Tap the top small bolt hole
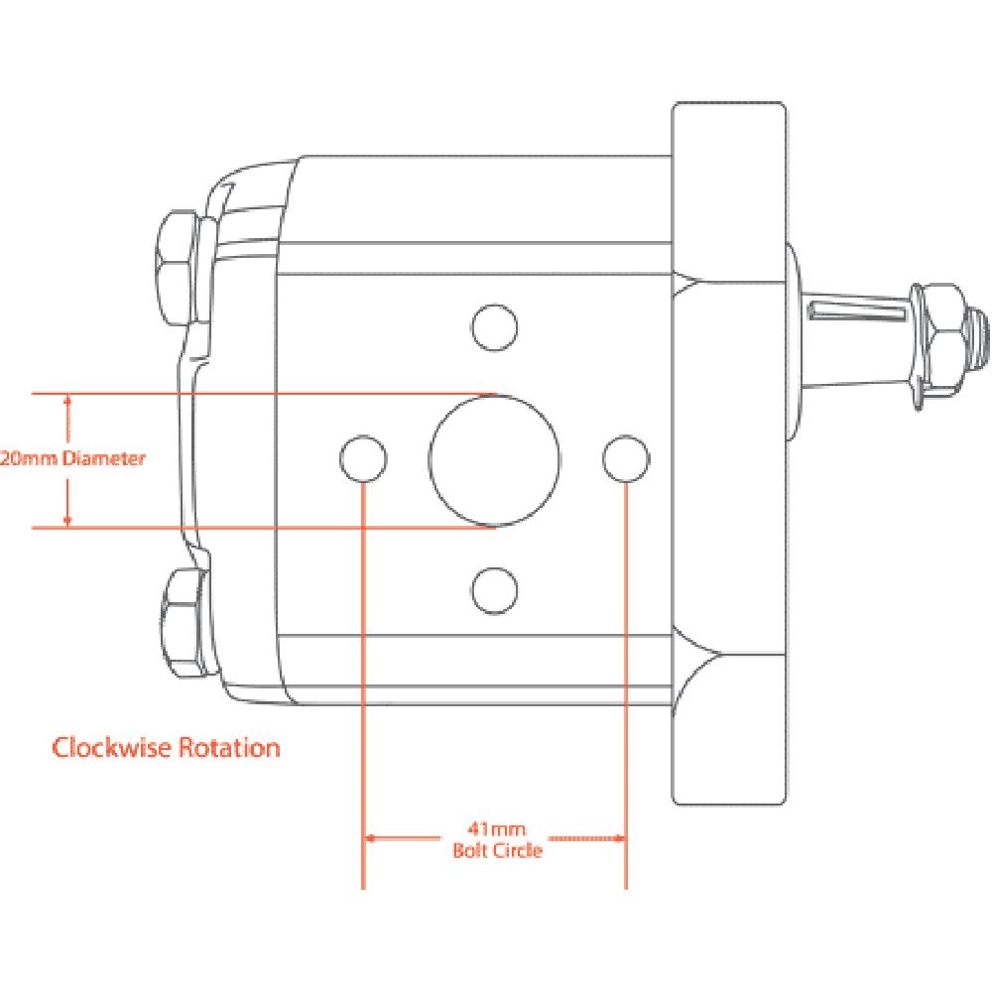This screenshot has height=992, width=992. click(x=495, y=327)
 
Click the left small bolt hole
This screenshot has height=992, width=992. click(x=363, y=458)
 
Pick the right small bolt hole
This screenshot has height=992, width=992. click(x=627, y=457)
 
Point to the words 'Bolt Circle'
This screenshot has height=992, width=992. click(x=496, y=850)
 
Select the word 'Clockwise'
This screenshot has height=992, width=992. click(x=109, y=747)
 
